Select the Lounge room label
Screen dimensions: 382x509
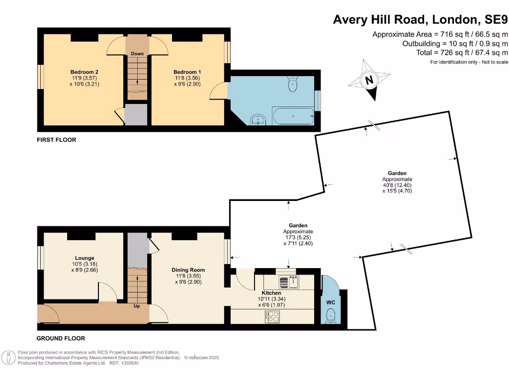(x=85, y=258)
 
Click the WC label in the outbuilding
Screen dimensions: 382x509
(x=331, y=302)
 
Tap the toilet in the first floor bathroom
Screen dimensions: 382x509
(x=293, y=84)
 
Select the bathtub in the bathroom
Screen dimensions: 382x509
(x=293, y=116)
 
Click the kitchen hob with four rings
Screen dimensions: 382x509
(x=273, y=316)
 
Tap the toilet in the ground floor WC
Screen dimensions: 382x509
(x=331, y=315)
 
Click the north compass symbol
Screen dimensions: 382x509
(x=369, y=80)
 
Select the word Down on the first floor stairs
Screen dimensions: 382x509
(x=137, y=53)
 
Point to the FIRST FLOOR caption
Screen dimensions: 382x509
(x=57, y=140)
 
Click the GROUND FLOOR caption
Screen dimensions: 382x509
(x=61, y=338)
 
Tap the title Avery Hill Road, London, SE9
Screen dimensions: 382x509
(x=420, y=19)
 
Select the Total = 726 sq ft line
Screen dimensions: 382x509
(x=462, y=52)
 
